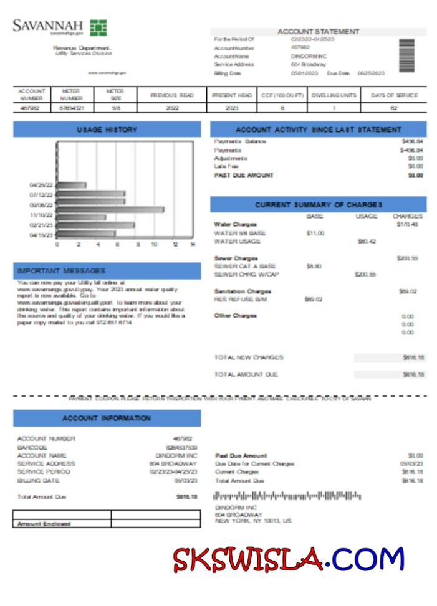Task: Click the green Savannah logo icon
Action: click(x=98, y=27)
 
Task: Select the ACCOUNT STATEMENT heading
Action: click(x=318, y=32)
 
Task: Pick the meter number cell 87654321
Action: click(x=72, y=108)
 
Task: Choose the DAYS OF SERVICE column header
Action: click(x=394, y=95)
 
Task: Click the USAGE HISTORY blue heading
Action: click(x=107, y=130)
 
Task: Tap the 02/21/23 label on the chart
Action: click(x=41, y=225)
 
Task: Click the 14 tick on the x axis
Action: click(x=193, y=245)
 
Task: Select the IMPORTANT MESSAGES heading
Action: click(x=62, y=271)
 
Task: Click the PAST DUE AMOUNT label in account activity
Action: click(x=244, y=175)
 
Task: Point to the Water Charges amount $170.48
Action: click(x=409, y=224)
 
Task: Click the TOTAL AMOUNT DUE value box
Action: click(x=390, y=374)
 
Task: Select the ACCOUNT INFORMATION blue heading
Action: click(x=107, y=419)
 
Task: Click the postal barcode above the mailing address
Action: click(x=287, y=496)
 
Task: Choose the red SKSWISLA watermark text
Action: click(x=247, y=560)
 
